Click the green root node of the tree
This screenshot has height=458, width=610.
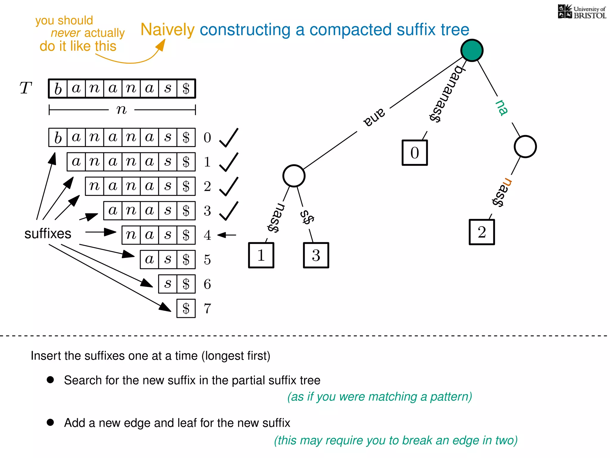point(472,50)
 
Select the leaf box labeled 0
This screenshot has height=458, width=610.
point(415,153)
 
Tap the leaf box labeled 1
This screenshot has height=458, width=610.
point(261,255)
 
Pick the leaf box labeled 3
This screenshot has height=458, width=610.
point(316,255)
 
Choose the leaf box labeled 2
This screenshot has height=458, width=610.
point(482,232)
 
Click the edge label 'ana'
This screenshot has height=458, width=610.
point(374,117)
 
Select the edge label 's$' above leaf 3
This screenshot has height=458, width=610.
point(307,217)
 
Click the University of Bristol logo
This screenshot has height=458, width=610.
point(582,12)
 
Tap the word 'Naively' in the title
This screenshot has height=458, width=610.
point(167,30)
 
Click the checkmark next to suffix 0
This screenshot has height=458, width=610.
point(229,138)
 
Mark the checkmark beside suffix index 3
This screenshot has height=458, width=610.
point(229,211)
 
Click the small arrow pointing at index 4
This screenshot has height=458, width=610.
point(227,235)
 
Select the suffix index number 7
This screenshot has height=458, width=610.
point(208,309)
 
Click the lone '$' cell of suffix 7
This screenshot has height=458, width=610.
point(186,309)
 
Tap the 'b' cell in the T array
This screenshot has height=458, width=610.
point(58,89)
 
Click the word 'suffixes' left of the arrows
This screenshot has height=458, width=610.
point(48,233)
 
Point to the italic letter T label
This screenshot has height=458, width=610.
point(26,88)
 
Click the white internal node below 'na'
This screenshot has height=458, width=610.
point(525,147)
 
